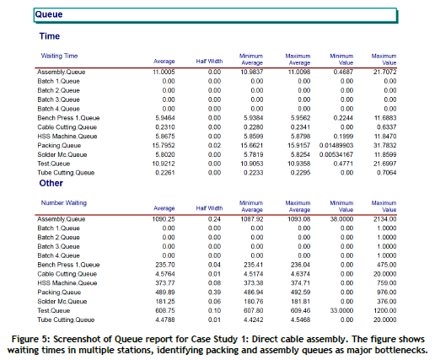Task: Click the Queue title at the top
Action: click(49, 14)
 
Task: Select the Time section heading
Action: click(50, 36)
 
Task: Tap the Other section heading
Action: click(51, 183)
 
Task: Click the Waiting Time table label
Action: click(59, 56)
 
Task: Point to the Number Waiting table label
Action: click(64, 202)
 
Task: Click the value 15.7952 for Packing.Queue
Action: click(164, 145)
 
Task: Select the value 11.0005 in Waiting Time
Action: click(164, 72)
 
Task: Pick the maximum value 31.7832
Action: click(384, 145)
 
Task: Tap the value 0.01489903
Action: click(336, 145)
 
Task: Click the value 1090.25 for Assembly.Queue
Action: click(164, 219)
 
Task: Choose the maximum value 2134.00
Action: click(384, 219)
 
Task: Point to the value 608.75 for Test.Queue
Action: click(165, 310)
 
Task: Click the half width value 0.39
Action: click(214, 293)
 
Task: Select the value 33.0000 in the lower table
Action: click(341, 310)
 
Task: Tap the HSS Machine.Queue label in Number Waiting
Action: click(67, 283)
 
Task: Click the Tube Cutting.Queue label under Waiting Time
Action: click(66, 173)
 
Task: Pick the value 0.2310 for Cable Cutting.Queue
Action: click(165, 127)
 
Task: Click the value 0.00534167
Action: click(336, 154)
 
